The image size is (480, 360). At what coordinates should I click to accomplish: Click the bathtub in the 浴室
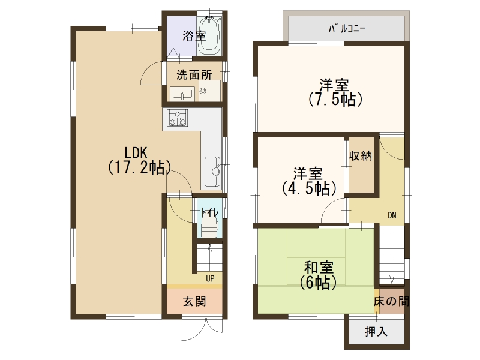click(x=209, y=36)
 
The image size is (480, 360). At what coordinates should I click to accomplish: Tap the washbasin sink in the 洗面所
click(x=182, y=94)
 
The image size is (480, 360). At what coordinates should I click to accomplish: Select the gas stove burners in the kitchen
click(x=177, y=118)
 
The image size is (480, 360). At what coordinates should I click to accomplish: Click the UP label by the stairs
click(x=210, y=278)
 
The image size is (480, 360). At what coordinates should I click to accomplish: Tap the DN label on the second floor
click(x=392, y=215)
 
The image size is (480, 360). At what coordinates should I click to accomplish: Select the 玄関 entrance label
click(x=194, y=302)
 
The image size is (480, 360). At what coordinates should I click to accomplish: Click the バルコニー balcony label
click(x=347, y=29)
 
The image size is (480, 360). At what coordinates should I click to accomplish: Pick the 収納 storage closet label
click(x=361, y=156)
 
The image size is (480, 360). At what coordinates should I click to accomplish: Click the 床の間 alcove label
click(x=391, y=302)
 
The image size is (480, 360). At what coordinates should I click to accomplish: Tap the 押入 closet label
click(x=376, y=332)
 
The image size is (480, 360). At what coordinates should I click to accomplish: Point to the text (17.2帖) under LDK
click(x=139, y=167)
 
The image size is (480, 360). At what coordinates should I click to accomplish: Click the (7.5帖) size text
click(x=335, y=100)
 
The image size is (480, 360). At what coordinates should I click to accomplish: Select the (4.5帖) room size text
click(x=309, y=188)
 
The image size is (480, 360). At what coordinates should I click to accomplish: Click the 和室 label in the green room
click(x=319, y=267)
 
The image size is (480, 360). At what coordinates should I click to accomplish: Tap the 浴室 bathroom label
click(x=194, y=36)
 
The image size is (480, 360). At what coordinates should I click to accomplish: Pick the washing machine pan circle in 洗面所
click(x=203, y=91)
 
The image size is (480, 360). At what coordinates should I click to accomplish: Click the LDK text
click(x=136, y=152)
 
